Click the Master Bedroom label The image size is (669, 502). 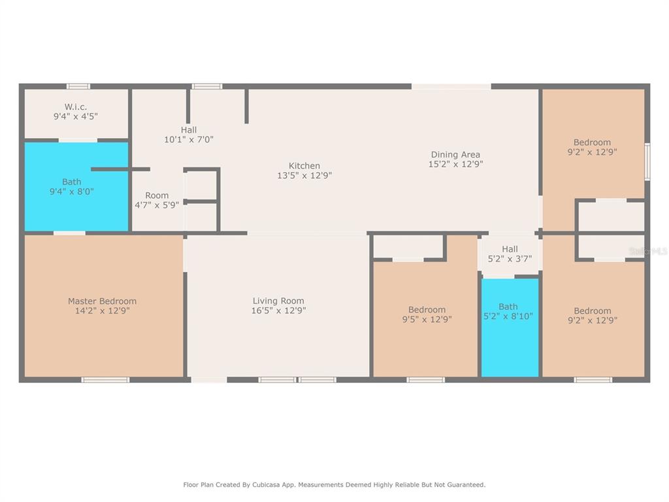point(103,301)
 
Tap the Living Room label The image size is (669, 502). point(278,301)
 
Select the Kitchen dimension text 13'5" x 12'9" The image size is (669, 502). point(304,175)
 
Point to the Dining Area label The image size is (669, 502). point(455,154)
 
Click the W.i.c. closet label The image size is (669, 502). point(76,107)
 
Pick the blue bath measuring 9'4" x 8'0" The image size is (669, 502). point(76,186)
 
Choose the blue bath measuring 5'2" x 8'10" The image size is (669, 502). point(510,327)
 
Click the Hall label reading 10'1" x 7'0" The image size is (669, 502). point(189,135)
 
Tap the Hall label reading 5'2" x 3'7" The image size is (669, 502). point(510,254)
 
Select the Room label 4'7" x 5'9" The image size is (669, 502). point(157,200)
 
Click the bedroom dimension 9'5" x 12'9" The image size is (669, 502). point(427,319)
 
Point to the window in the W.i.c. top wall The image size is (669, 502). point(78,87)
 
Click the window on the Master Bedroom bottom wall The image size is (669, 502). point(105,380)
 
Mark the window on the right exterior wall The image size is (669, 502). point(647,162)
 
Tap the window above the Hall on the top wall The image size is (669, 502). point(206,87)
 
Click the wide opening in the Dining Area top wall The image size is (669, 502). point(451,87)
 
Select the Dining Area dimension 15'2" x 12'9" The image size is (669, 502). point(455,164)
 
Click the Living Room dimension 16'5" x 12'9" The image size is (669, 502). point(278,310)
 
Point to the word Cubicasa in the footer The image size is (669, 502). point(268,485)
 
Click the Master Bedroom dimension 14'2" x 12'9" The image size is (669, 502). point(103,310)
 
